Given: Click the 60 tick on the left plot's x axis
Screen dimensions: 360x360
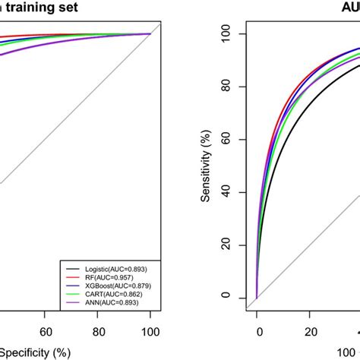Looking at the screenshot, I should click(45, 331).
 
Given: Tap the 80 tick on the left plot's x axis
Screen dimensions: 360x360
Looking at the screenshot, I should click(98, 331).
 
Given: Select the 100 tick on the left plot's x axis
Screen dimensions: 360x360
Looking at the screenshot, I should click(151, 331).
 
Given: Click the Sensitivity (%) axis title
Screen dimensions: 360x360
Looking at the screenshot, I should click(205, 165).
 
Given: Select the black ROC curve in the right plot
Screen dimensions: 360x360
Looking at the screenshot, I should click(304, 114).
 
